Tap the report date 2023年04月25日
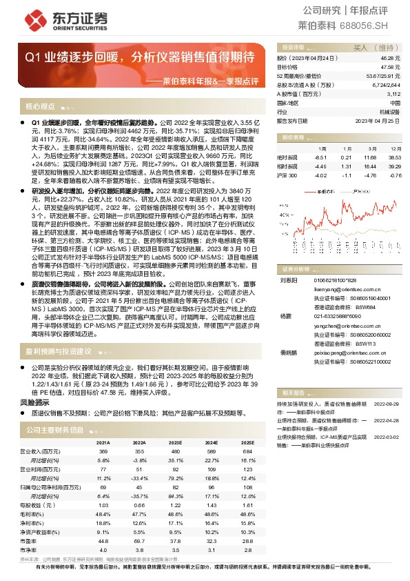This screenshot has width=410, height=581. [x=378, y=120]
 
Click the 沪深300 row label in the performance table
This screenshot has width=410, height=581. [x=287, y=175]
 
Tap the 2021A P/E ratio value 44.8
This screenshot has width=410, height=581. [x=104, y=541]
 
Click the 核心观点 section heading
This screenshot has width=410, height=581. [x=40, y=107]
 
